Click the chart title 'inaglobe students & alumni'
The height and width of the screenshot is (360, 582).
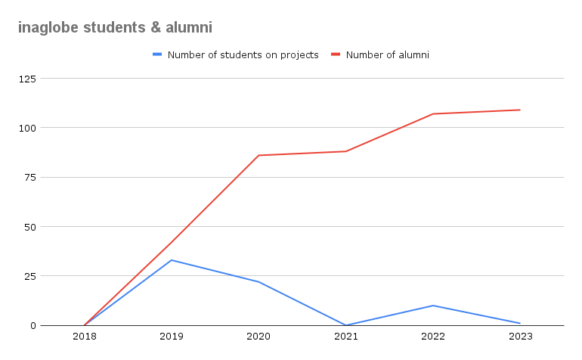click(x=115, y=28)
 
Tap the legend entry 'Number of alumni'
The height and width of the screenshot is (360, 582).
click(x=387, y=54)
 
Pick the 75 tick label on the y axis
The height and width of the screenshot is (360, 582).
click(x=28, y=177)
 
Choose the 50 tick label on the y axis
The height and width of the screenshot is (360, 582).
click(x=28, y=227)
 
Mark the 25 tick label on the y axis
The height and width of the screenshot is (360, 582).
click(x=28, y=276)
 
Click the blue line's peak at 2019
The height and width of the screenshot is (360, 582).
click(x=172, y=260)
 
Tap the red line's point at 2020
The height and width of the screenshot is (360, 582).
click(x=258, y=156)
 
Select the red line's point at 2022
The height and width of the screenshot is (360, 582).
click(x=433, y=114)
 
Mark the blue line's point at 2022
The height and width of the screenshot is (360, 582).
click(x=433, y=306)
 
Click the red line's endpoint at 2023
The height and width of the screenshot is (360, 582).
click(x=520, y=110)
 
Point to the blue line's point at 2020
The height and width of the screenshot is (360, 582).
click(x=258, y=282)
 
